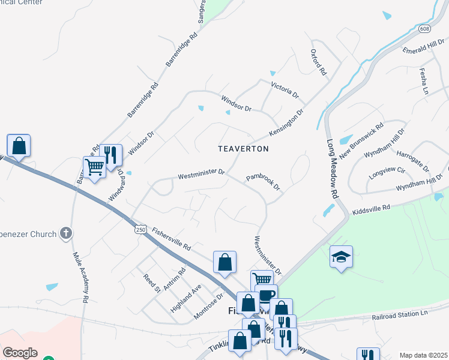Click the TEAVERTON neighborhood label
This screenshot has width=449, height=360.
coord(243,148)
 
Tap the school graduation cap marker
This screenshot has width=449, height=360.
coord(341,257)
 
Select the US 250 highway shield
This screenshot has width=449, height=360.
coord(140,230)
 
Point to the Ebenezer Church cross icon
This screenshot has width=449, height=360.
coord(67,233)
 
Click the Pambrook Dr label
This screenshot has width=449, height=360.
coord(264,182)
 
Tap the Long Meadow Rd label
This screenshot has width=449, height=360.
coord(333,170)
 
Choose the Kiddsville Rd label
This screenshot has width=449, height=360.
coord(372,209)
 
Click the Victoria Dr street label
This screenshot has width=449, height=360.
coord(285,91)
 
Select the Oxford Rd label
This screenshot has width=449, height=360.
coord(318,62)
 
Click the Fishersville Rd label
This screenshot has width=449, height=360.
coord(171,238)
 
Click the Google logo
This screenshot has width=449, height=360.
coord(20,353)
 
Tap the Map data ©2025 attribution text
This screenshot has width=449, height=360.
coord(423,355)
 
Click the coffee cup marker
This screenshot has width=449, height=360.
coord(267,295)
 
